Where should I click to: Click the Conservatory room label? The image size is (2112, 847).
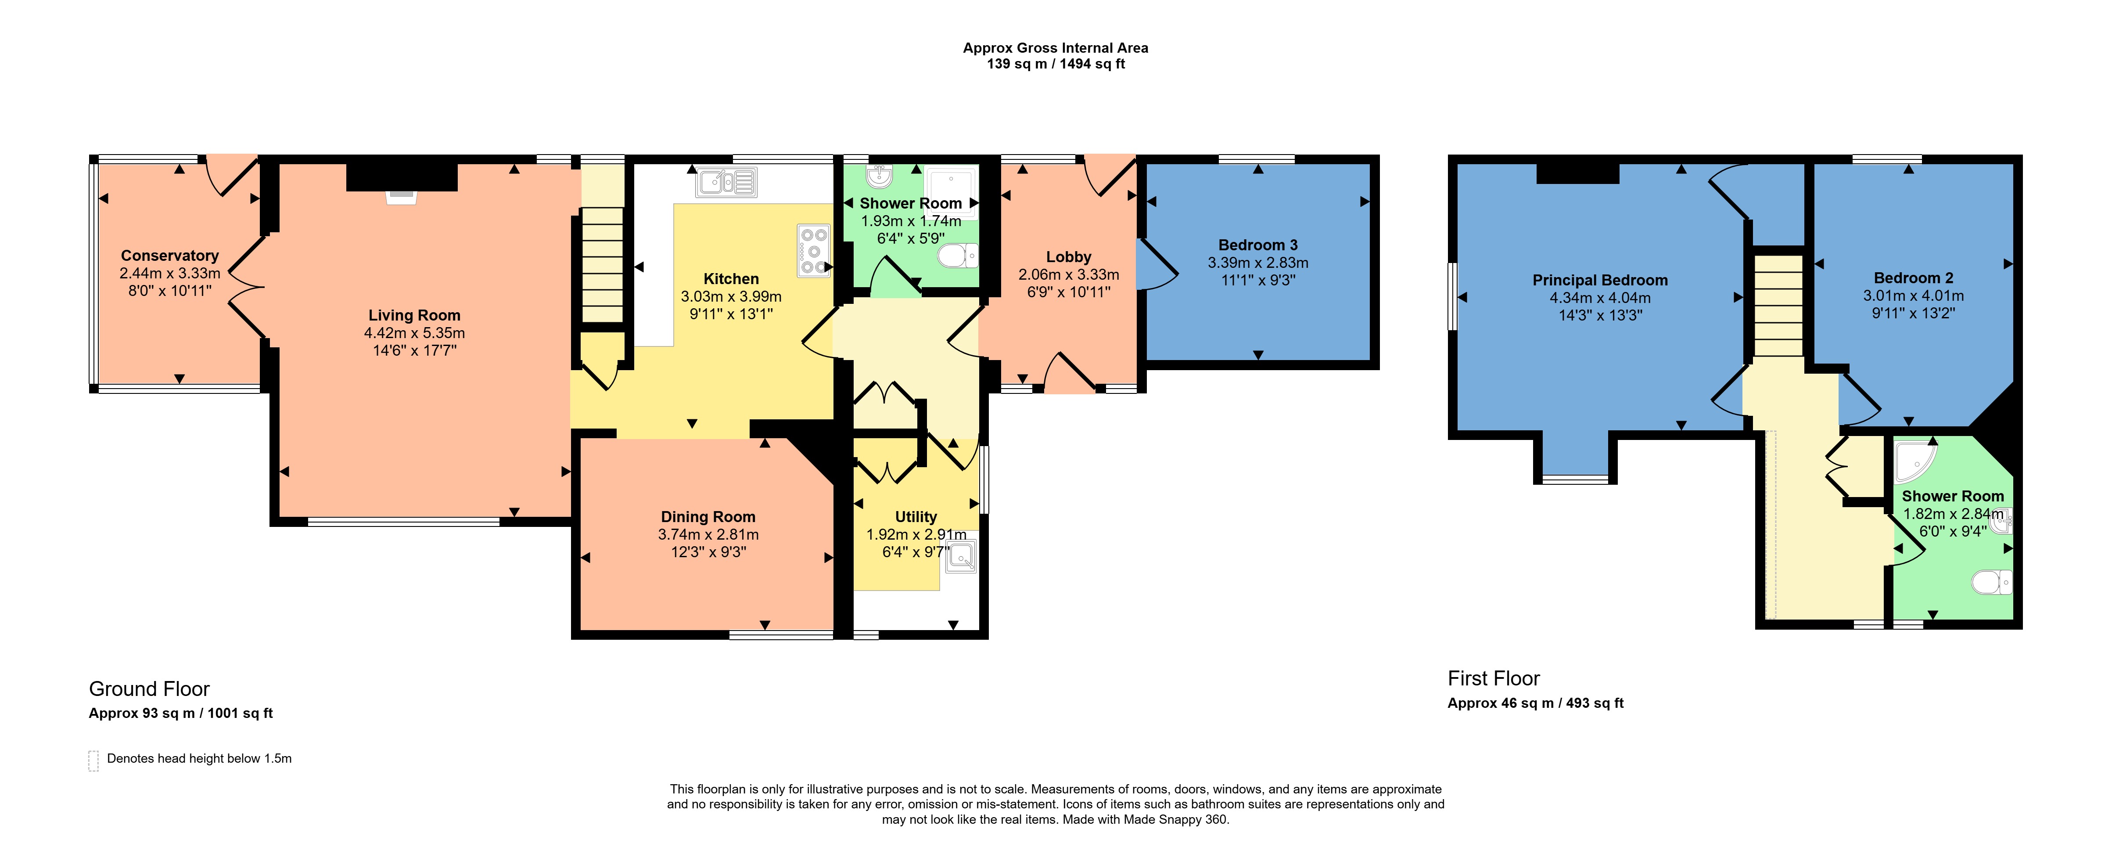(x=170, y=256)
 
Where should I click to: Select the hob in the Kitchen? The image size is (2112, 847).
(x=813, y=250)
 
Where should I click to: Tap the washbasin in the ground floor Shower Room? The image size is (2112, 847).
(x=879, y=176)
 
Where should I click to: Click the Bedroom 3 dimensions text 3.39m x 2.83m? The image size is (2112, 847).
(x=1258, y=263)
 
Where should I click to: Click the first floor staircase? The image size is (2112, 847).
(x=1778, y=305)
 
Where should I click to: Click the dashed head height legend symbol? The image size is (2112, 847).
(x=93, y=761)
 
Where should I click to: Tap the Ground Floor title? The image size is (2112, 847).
(x=149, y=689)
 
